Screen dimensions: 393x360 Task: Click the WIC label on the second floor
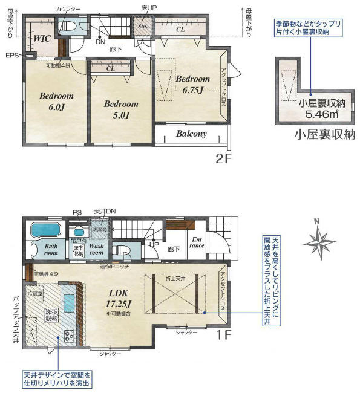click(x=41, y=38)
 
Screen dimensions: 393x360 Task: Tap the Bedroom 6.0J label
click(x=56, y=101)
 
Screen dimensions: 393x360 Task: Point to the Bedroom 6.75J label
click(x=192, y=84)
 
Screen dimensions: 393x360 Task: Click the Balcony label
click(x=191, y=134)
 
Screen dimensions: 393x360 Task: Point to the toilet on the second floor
click(x=68, y=27)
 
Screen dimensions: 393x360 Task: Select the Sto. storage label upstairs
click(x=143, y=27)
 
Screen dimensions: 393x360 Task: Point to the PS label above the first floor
click(x=76, y=212)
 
